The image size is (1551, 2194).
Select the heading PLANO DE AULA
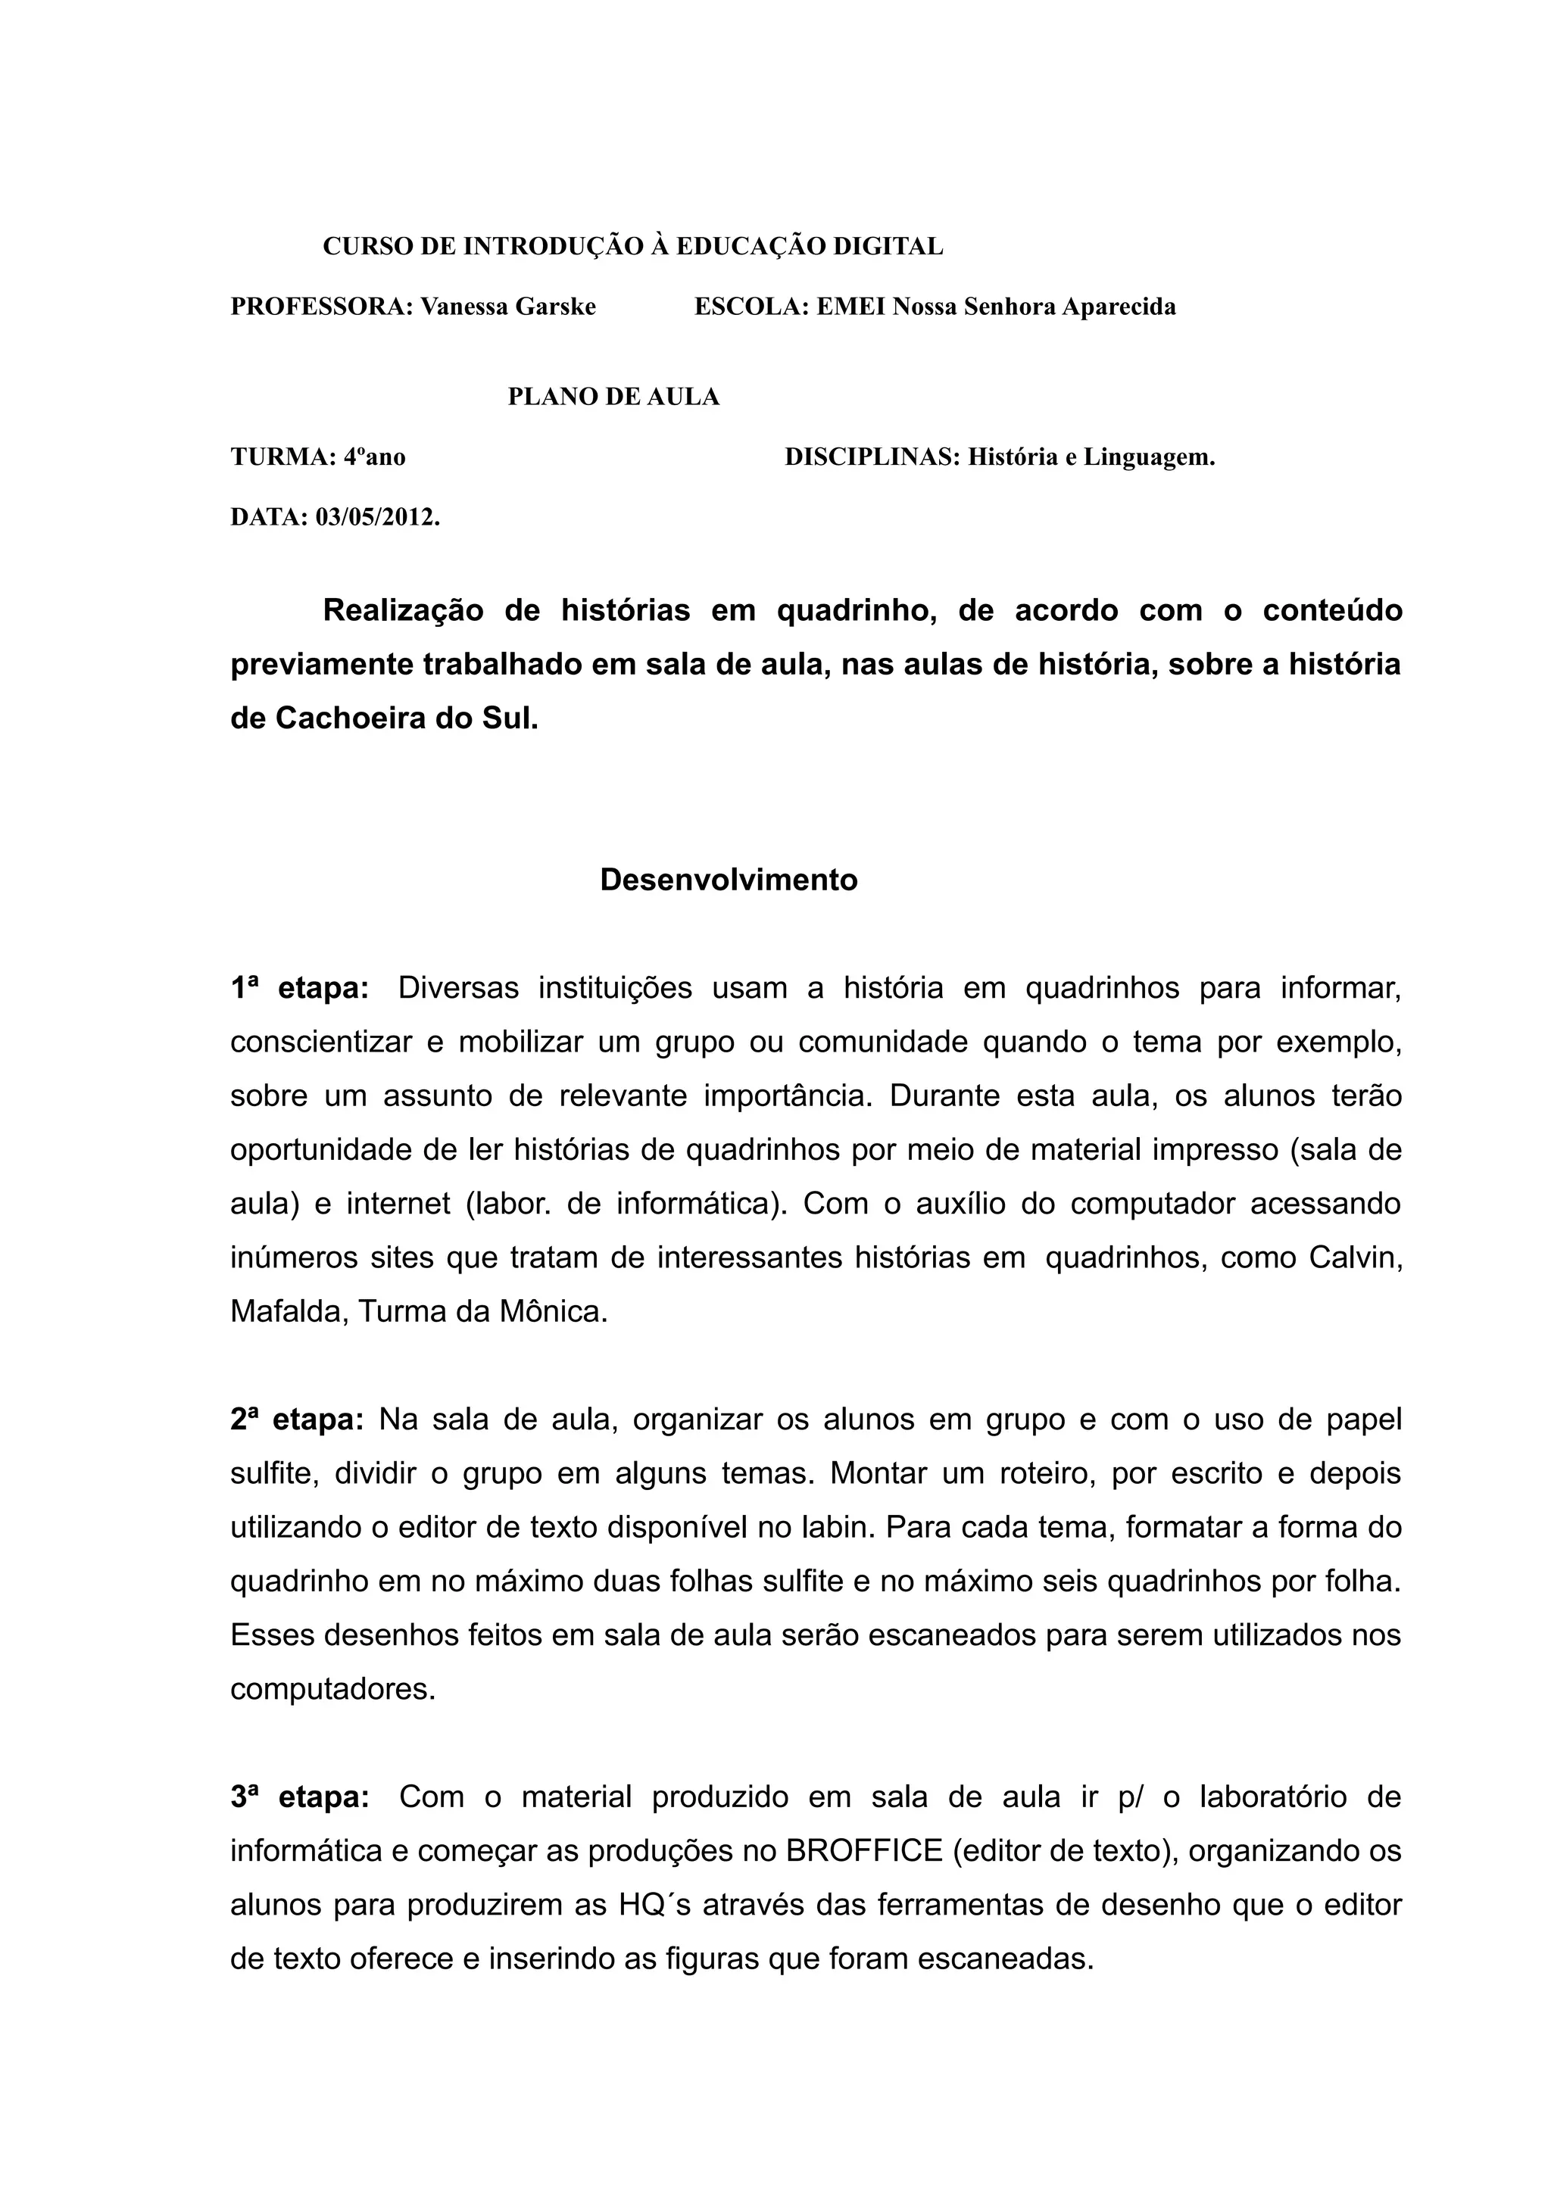coord(613,397)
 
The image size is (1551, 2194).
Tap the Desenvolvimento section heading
coord(729,880)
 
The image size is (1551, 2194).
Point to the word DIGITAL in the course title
coord(888,247)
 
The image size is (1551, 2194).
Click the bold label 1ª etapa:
coord(299,988)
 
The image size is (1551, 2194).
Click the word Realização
coord(404,609)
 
